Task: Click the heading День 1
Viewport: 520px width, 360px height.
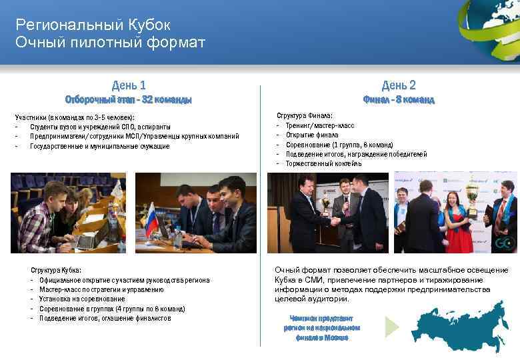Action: tap(129, 85)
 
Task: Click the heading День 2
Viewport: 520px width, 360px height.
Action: tap(399, 85)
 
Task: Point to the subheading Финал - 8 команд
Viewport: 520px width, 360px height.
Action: tap(399, 100)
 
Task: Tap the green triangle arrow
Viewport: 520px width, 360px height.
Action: tap(392, 326)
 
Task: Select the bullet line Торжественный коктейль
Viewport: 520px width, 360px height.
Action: tap(323, 163)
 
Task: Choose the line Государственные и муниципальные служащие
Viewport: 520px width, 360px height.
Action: tap(100, 146)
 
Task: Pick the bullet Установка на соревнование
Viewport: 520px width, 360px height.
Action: tap(82, 299)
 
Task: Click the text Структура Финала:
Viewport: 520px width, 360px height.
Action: tap(305, 115)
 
